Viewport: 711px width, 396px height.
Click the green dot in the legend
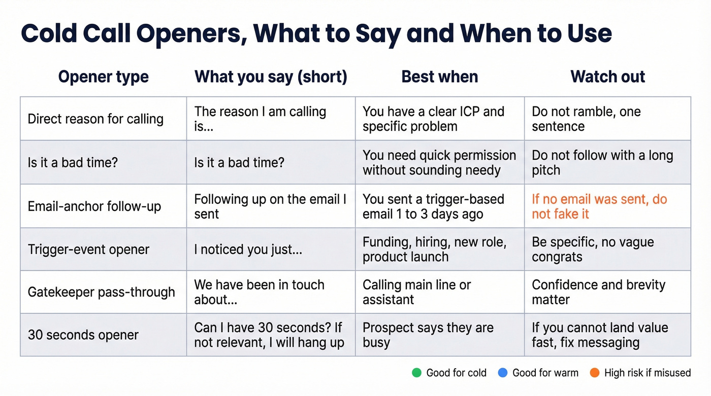(x=417, y=373)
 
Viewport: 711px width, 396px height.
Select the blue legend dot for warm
(x=503, y=373)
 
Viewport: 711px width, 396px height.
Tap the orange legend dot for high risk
(x=595, y=373)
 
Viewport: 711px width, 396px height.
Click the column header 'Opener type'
(x=103, y=77)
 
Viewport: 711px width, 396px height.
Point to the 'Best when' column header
(x=439, y=77)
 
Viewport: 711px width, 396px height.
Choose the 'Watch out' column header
(x=607, y=77)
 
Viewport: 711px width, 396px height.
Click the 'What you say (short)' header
(x=271, y=77)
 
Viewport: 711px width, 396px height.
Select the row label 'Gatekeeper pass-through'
(x=101, y=292)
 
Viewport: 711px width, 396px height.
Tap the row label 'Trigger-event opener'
(x=88, y=249)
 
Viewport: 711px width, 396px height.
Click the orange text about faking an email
(x=599, y=206)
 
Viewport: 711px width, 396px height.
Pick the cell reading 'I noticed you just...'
(x=248, y=249)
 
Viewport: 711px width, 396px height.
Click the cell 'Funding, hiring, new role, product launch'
(x=434, y=249)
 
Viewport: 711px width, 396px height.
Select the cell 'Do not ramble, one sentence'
(x=586, y=119)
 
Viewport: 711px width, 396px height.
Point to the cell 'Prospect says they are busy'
(x=428, y=335)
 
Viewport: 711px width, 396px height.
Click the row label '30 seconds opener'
(x=83, y=335)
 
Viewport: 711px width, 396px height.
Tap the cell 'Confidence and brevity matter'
(x=598, y=292)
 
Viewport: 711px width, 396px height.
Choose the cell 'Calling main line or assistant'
(x=416, y=292)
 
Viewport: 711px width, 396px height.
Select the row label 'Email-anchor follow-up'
(x=94, y=206)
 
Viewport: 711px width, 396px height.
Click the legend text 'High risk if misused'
(x=647, y=373)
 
